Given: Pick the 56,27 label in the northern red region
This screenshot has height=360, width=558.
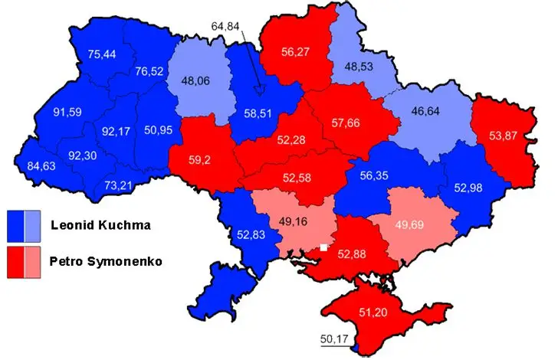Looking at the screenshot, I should click(x=296, y=53).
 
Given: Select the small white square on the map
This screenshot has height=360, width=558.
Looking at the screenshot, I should click(x=324, y=247).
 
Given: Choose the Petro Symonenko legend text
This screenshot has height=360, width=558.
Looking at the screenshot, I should click(x=108, y=261).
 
